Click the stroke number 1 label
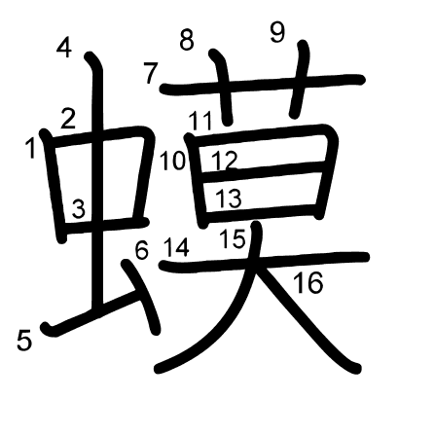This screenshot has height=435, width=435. (x=31, y=148)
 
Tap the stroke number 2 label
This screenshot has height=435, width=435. (x=68, y=119)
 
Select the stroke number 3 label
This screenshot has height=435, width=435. (x=79, y=208)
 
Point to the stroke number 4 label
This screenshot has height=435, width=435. (x=64, y=48)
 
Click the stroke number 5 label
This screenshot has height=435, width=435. (x=24, y=341)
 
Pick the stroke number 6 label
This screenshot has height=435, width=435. (x=142, y=250)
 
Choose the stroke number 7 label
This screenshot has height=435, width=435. (x=151, y=73)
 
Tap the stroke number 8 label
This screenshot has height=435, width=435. (x=187, y=40)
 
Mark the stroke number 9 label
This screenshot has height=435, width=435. (x=277, y=32)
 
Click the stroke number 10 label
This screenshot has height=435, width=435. (x=172, y=161)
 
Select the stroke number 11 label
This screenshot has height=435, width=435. (x=200, y=121)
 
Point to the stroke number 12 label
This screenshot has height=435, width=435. (x=225, y=161)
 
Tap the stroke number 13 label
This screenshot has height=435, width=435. (x=229, y=199)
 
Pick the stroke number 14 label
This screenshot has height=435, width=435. (x=176, y=247)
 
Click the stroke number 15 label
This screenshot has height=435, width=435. (x=233, y=238)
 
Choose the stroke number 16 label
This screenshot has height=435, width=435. (x=308, y=283)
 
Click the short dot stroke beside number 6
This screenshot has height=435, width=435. (x=142, y=296)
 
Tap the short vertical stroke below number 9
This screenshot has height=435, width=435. (x=300, y=79)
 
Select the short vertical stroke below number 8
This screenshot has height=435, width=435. (x=223, y=87)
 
